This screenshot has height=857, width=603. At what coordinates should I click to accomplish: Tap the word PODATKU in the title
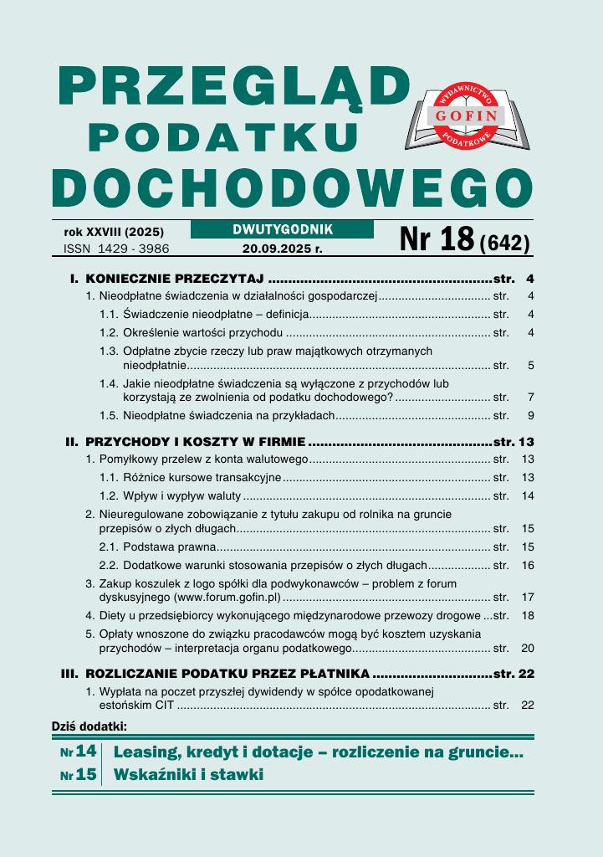click(223, 136)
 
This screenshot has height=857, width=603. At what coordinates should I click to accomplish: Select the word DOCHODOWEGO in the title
click(292, 188)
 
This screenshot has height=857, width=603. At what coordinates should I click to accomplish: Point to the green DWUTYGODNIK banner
click(282, 229)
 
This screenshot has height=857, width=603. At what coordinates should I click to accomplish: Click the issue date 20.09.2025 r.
click(282, 249)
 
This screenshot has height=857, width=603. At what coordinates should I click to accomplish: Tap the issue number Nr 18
click(437, 239)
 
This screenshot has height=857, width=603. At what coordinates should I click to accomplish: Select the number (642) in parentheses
click(505, 243)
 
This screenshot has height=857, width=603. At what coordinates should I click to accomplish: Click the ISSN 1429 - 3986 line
click(116, 249)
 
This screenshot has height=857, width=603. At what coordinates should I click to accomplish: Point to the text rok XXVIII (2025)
click(114, 232)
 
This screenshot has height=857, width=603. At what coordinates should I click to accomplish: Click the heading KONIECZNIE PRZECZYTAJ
click(175, 279)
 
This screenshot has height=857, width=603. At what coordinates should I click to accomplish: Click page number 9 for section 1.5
click(530, 415)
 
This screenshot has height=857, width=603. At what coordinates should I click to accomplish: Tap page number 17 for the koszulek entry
click(527, 598)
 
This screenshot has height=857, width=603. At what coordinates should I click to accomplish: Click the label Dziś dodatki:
click(89, 725)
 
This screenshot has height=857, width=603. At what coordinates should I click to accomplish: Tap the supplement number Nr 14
click(79, 752)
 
